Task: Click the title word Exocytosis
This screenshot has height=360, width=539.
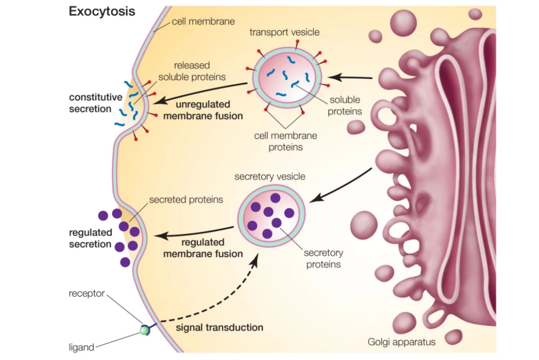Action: coord(102,12)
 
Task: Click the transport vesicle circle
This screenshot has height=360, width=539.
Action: coord(287,78)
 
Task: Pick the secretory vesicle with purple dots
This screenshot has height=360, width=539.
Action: coord(271,216)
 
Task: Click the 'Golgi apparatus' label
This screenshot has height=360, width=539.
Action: coord(401,342)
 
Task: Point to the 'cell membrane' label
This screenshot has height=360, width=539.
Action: coord(203,22)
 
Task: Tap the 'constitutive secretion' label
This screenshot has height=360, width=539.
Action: coord(96,103)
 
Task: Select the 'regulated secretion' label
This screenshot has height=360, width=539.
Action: coord(91,238)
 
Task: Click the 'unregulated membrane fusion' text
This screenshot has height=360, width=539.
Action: coord(203,110)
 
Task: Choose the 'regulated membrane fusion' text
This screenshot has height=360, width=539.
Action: coord(203,248)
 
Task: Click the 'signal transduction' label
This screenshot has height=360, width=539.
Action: coord(220,328)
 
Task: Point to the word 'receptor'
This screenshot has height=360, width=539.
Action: coord(87,293)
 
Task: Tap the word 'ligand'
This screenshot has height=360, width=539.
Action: coord(81,347)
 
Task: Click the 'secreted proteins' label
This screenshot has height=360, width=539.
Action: coord(186,200)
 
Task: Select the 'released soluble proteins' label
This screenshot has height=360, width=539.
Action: coord(192,71)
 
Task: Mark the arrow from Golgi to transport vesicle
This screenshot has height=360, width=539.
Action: coord(350,77)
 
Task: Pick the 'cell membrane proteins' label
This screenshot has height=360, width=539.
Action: coord(286,141)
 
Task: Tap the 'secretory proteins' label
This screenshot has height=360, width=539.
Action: coord(323,259)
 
